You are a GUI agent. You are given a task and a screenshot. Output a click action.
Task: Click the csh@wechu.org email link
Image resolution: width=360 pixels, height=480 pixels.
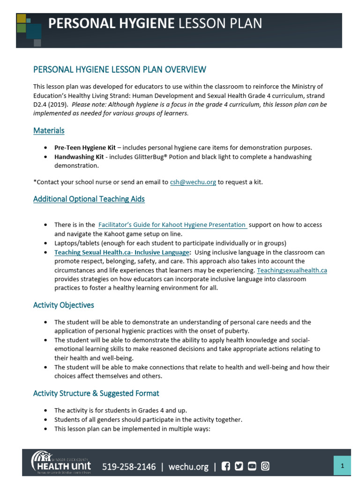click(x=193, y=182)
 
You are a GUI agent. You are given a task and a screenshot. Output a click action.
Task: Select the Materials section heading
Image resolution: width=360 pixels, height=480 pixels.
click(x=49, y=130)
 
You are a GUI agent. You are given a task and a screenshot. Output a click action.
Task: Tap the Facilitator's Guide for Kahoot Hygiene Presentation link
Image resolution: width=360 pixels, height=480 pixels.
click(x=172, y=225)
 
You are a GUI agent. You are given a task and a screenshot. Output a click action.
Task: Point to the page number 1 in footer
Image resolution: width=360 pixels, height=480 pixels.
click(x=342, y=465)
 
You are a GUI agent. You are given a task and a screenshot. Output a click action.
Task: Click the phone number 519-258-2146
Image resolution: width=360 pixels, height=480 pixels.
click(x=129, y=466)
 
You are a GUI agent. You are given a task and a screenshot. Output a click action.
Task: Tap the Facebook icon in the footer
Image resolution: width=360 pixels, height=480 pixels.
click(x=226, y=466)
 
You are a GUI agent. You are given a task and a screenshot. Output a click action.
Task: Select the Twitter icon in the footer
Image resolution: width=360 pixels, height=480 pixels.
click(x=239, y=466)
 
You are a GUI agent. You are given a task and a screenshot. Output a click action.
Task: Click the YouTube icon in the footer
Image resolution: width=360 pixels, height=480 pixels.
click(x=252, y=466)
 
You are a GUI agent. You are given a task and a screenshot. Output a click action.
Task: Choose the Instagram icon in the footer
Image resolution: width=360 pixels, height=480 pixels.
click(x=265, y=466)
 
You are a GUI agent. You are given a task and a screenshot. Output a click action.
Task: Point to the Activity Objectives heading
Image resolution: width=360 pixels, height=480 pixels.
click(x=63, y=305)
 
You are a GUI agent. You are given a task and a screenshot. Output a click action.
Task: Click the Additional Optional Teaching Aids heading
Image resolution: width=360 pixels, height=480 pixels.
click(x=89, y=199)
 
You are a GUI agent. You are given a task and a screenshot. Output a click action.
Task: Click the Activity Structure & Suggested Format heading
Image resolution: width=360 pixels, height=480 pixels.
click(x=96, y=393)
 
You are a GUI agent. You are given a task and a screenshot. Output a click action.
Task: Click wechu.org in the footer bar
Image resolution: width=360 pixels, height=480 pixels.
click(x=188, y=466)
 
